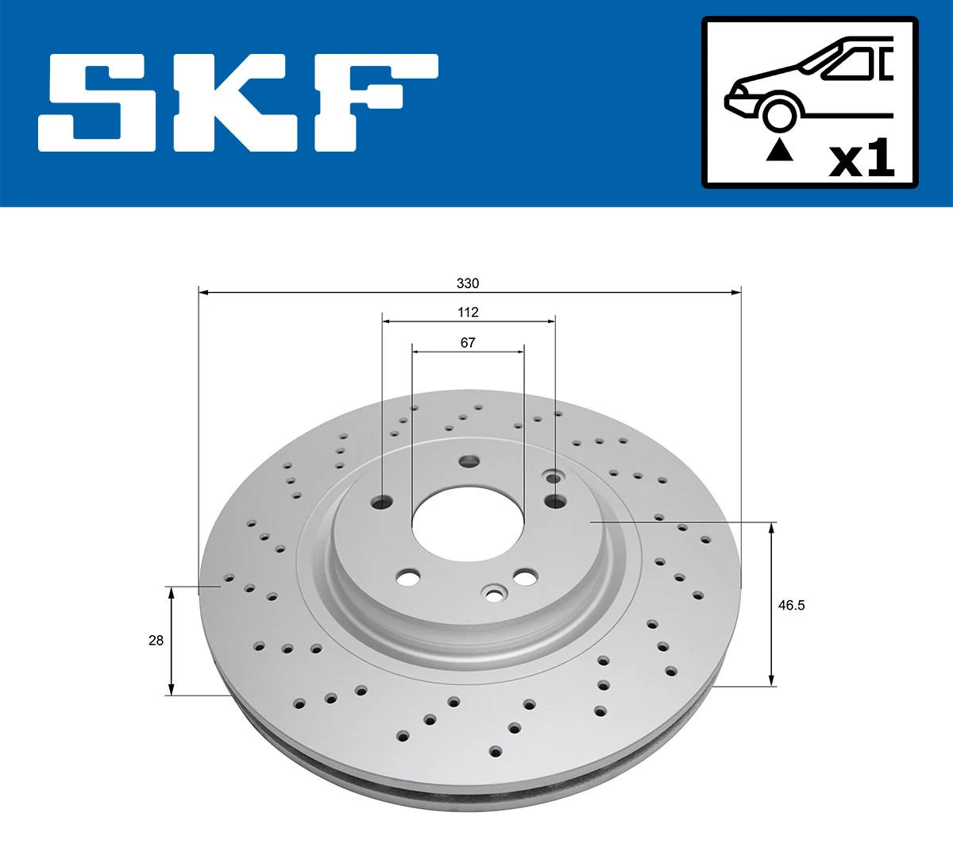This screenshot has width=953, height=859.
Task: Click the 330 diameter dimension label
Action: pos(468,283)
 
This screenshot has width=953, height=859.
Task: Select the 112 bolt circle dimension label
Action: pos(468,313)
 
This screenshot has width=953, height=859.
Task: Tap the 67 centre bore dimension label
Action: pos(468,343)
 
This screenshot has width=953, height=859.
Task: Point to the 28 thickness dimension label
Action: pos(156,640)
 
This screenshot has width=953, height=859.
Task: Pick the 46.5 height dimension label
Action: pos(791,605)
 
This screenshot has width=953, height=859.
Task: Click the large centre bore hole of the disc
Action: pos(467,525)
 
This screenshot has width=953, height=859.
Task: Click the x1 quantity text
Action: pos(862,159)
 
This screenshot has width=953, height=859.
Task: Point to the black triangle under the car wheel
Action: pos(779,149)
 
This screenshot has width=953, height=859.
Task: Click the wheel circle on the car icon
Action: pos(779,114)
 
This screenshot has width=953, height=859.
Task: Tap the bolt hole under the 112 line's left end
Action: pos(383,502)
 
